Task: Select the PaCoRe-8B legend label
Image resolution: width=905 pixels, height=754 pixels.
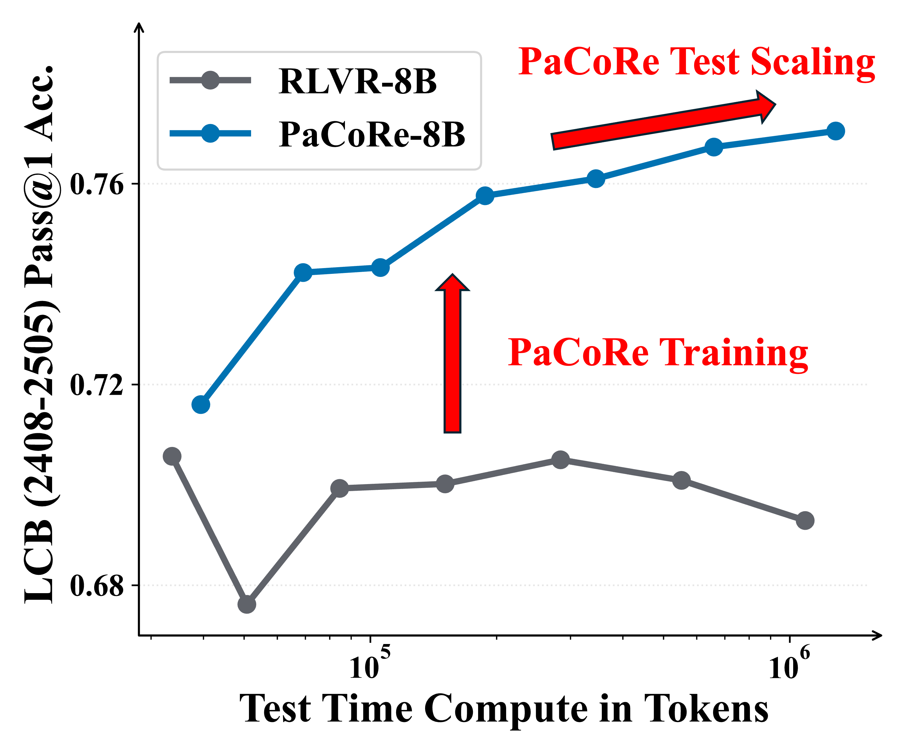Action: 371,134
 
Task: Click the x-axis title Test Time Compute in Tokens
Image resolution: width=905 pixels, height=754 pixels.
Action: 503,709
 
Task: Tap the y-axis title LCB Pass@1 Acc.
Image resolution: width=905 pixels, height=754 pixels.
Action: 40,334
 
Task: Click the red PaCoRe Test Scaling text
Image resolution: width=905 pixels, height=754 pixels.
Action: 696,62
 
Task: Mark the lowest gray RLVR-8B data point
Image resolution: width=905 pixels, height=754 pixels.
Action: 247,604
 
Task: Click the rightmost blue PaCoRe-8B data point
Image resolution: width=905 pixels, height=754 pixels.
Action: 836,131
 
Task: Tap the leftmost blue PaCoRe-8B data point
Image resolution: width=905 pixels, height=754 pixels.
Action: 201,405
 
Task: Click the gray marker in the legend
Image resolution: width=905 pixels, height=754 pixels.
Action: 210,80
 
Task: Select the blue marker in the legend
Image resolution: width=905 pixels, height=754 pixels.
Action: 210,133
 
